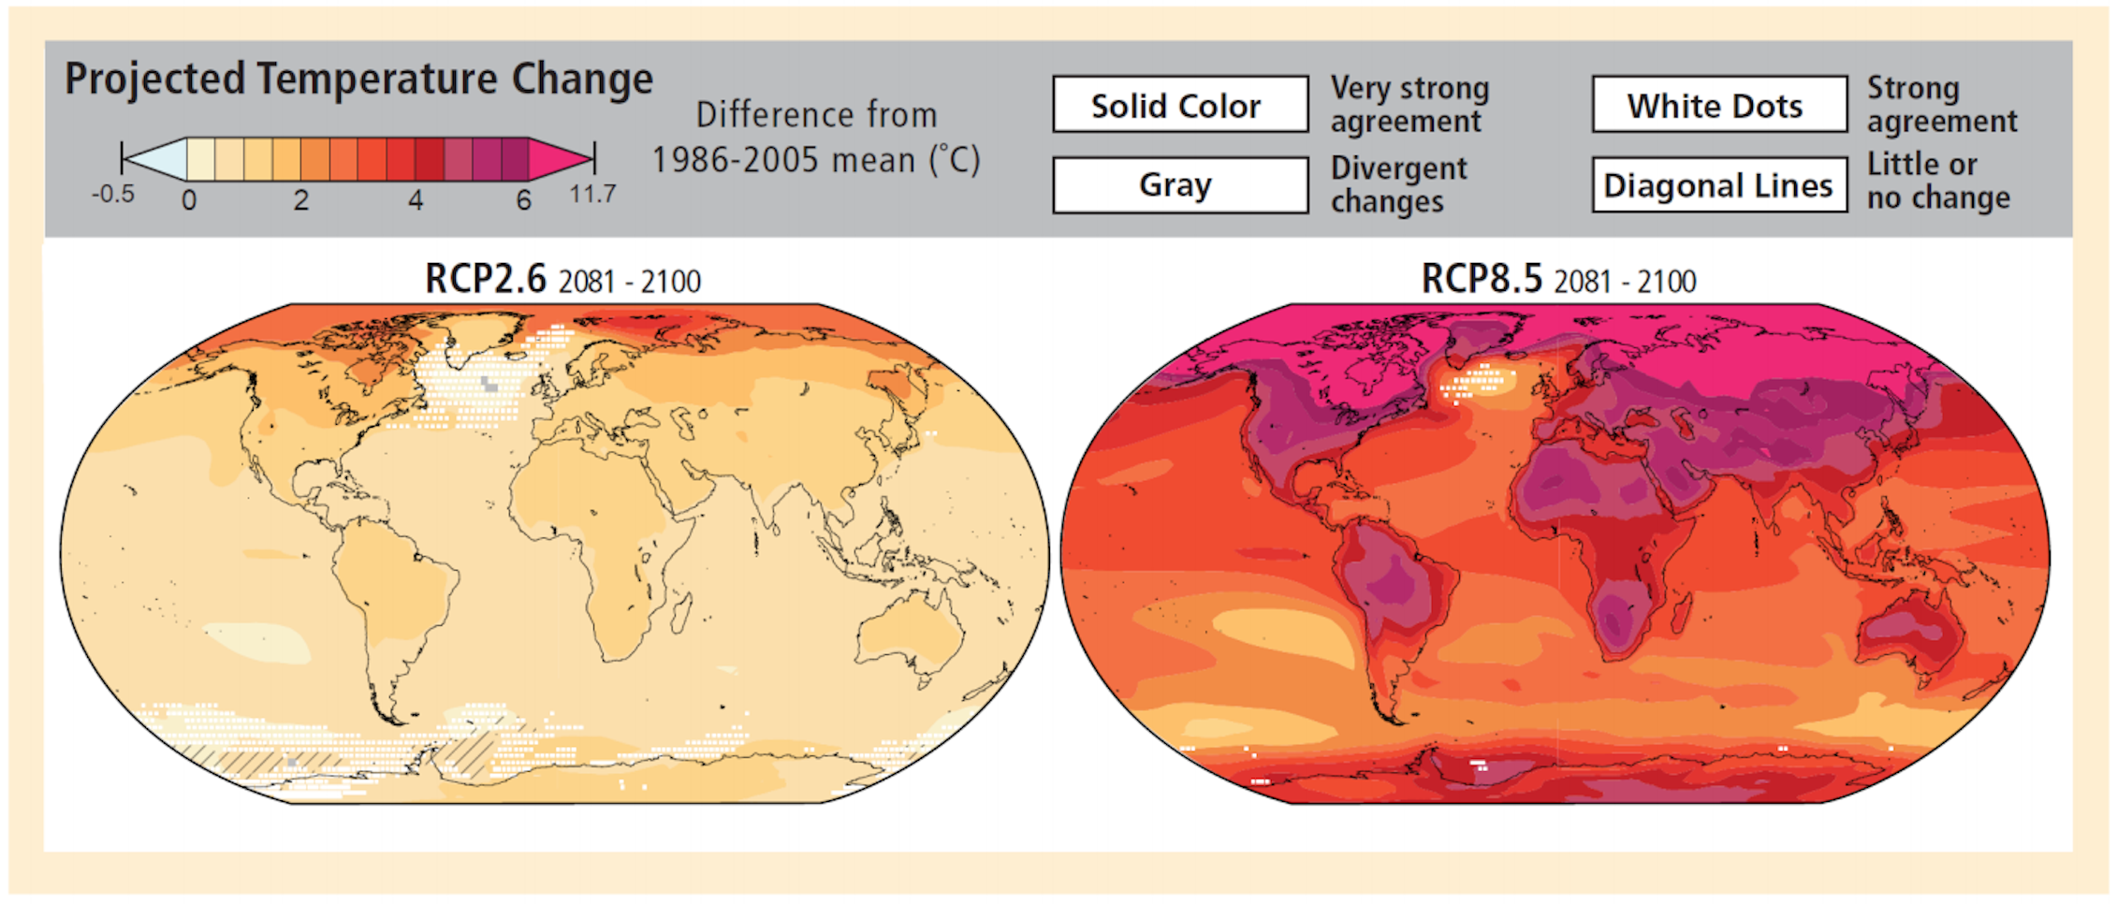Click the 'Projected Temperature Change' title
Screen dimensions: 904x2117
[358, 79]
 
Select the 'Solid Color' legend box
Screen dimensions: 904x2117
[1179, 105]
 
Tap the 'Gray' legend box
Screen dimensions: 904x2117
[1179, 185]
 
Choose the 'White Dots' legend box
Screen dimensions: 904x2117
[1719, 105]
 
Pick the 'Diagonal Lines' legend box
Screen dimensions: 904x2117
[1719, 185]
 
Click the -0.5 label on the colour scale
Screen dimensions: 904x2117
[113, 195]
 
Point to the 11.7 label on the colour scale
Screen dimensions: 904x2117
[592, 195]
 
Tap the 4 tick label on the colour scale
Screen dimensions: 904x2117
[416, 200]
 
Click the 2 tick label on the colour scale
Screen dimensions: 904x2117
[300, 200]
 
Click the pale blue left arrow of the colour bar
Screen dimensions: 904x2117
[156, 158]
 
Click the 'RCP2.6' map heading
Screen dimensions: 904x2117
[485, 279]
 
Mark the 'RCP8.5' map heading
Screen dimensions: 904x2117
[1481, 279]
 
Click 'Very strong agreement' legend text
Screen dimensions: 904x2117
[1409, 104]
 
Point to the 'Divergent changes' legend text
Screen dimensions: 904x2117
[1398, 184]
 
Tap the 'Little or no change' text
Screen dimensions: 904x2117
[1937, 181]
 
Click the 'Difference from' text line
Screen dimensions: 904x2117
[816, 115]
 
